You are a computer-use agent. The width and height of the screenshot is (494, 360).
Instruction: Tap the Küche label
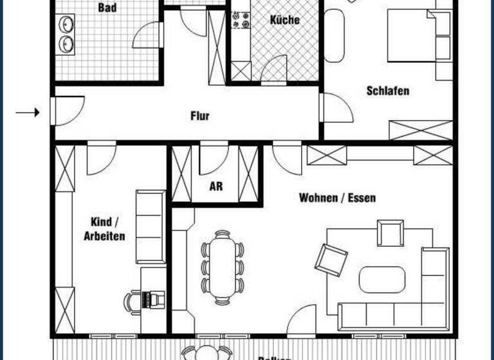pyautogui.click(x=284, y=20)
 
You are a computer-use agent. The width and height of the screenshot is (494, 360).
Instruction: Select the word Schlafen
pyautogui.click(x=388, y=91)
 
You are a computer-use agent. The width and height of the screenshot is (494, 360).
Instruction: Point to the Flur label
pyautogui.click(x=200, y=116)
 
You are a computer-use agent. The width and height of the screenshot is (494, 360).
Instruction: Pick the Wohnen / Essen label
pyautogui.click(x=337, y=198)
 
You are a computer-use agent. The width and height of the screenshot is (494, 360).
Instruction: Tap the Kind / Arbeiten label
pyautogui.click(x=104, y=229)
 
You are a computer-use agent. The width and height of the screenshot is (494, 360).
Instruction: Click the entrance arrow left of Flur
pyautogui.click(x=28, y=113)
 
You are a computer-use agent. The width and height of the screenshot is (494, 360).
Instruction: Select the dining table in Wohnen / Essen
pyautogui.click(x=223, y=265)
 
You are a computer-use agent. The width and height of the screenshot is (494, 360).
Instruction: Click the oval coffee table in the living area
pyautogui.click(x=382, y=279)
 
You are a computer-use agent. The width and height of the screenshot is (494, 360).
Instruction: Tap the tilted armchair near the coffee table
pyautogui.click(x=331, y=258)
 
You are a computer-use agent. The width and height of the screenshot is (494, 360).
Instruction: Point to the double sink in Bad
pyautogui.click(x=66, y=34)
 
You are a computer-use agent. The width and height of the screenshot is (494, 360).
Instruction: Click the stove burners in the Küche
pyautogui.click(x=241, y=20)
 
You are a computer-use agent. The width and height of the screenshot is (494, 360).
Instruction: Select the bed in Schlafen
pyautogui.click(x=412, y=37)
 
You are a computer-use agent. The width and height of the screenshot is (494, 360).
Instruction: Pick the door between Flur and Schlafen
pyautogui.click(x=336, y=108)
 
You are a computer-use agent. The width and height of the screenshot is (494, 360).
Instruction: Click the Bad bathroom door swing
pyautogui.click(x=147, y=36)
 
